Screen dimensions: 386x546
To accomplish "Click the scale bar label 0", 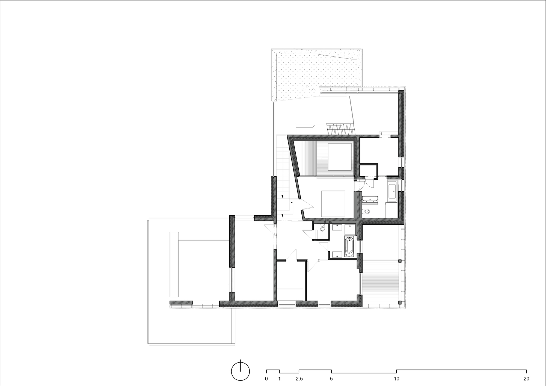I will [266, 379].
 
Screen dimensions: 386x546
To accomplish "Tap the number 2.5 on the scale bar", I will [299, 379].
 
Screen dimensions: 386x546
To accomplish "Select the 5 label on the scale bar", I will [331, 379].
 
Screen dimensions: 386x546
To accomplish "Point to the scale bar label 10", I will [396, 379].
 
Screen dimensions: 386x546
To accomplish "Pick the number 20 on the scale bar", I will [526, 379].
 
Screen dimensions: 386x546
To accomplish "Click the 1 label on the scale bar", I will [279, 379].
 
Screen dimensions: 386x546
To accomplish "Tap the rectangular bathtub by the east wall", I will [392, 191].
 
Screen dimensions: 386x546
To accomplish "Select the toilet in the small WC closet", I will [322, 228].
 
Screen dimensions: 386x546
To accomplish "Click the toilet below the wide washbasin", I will [367, 211].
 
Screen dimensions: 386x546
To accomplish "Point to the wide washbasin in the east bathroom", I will [370, 199].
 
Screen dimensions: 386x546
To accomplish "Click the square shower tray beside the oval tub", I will [350, 230].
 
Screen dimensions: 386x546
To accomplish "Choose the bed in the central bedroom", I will [333, 204].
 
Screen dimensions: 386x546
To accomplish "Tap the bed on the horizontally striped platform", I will [340, 157].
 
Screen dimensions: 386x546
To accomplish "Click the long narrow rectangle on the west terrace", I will [174, 264].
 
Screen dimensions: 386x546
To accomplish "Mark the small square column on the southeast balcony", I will [400, 261].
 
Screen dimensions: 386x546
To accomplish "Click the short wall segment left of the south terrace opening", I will [181, 302].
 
